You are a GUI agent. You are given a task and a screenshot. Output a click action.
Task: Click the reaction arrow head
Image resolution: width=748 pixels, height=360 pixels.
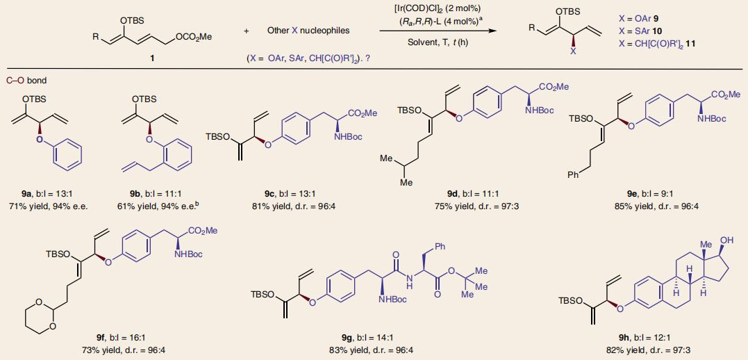pos(494,31)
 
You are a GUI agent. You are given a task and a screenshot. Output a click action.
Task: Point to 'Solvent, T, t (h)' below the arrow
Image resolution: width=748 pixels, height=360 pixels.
pos(437,42)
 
